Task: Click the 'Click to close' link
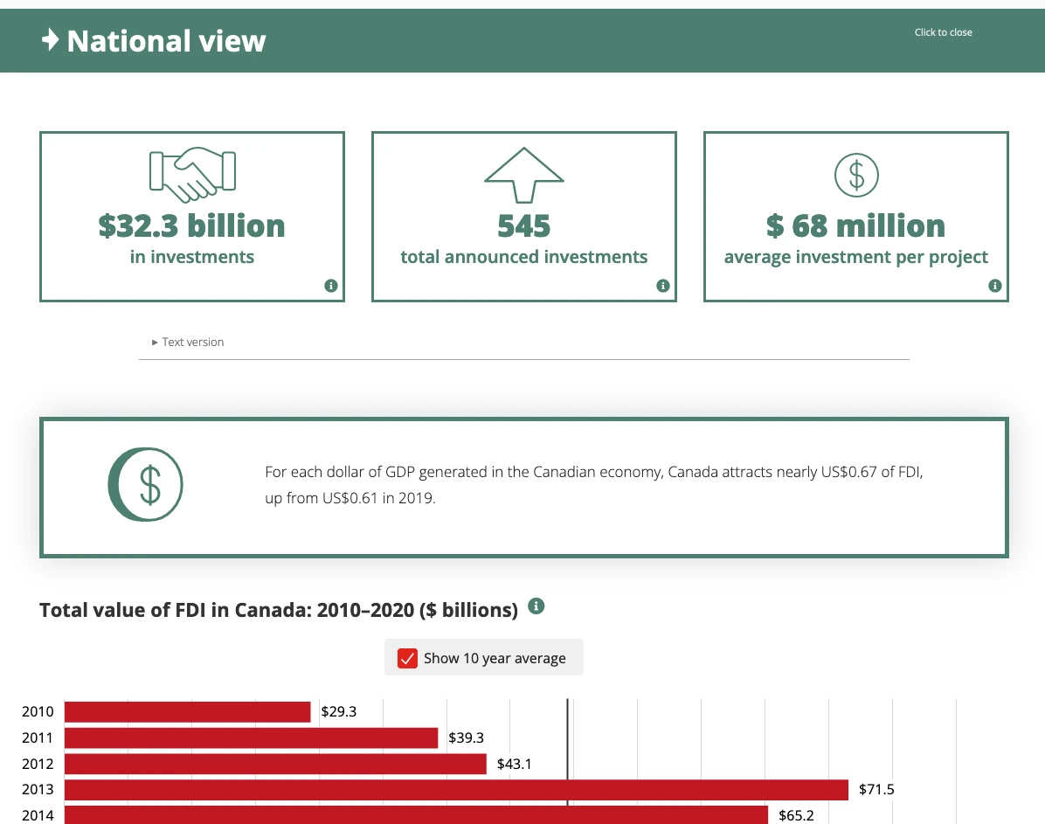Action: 943,32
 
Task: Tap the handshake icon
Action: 192,171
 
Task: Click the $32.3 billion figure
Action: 192,225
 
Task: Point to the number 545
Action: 524,226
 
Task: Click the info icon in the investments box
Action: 330,286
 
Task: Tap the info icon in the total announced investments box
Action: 662,286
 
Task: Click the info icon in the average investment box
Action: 994,286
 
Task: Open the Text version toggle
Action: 188,343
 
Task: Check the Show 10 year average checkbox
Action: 407,658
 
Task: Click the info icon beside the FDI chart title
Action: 537,606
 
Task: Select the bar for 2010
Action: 187,712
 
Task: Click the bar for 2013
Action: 456,790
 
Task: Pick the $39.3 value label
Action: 466,738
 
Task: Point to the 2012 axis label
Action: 38,764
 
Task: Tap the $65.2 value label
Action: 796,816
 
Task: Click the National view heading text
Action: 166,41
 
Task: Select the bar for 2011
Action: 251,738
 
